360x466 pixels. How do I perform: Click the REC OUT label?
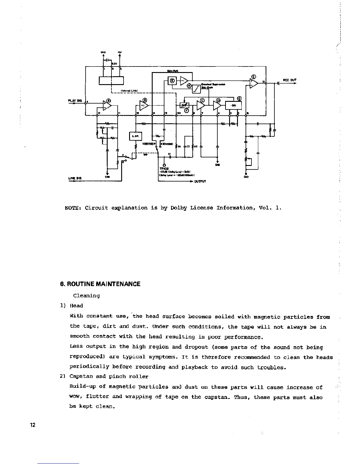pyautogui.click(x=289, y=80)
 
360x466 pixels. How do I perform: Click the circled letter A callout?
pyautogui.click(x=109, y=101)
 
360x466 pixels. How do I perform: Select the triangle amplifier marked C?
pyautogui.click(x=201, y=105)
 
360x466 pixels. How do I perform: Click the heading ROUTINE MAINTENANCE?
pyautogui.click(x=100, y=284)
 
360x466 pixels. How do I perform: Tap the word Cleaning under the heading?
pyautogui.click(x=86, y=296)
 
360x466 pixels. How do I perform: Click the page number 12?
pyautogui.click(x=32, y=425)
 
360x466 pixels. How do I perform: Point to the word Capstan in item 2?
pyautogui.click(x=80, y=377)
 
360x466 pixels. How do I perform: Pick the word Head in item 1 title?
pyautogui.click(x=76, y=306)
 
